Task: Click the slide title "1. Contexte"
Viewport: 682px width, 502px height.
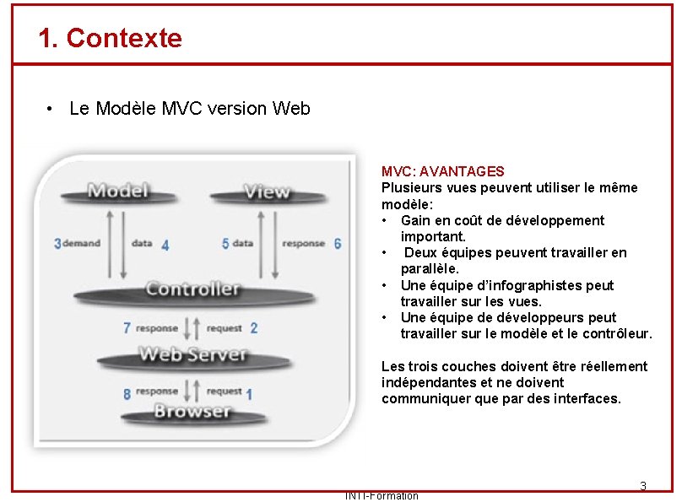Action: coord(110,38)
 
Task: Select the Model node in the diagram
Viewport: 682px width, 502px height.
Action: coord(118,190)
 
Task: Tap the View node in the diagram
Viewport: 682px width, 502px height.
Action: coord(266,192)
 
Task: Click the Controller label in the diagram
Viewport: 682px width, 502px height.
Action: coord(192,289)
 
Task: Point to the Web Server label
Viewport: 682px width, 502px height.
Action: coord(192,354)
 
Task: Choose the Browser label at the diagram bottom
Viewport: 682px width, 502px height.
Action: coord(192,412)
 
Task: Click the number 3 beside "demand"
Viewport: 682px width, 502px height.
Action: coord(57,244)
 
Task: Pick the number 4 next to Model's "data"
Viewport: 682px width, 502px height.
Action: coord(165,246)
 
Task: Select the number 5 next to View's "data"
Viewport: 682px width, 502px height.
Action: coord(225,244)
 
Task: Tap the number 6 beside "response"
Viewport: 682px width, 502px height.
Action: coord(338,244)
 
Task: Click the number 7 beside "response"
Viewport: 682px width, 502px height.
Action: coord(127,328)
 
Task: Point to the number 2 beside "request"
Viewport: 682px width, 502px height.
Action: coord(254,328)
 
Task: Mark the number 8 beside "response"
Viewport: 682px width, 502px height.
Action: coord(127,393)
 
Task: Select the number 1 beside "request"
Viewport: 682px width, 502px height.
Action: coord(249,394)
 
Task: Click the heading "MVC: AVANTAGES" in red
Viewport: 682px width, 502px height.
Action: coord(443,171)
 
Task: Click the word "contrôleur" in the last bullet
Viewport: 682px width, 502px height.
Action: coord(617,333)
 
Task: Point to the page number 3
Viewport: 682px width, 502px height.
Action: coord(642,486)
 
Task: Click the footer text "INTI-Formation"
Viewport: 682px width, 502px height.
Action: coord(382,496)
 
